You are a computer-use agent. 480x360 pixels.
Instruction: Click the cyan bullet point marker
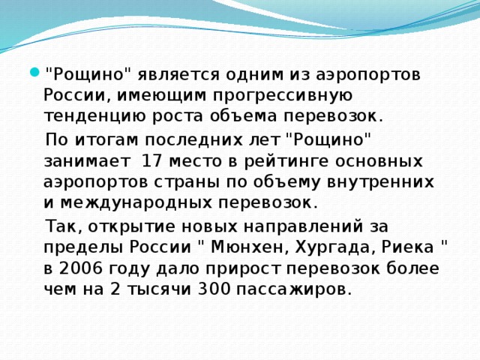35,73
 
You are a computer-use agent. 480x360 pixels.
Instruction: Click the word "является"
178,75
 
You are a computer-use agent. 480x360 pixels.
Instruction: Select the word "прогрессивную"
283,96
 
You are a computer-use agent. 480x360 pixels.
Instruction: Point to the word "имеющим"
162,95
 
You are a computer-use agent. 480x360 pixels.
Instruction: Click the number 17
152,161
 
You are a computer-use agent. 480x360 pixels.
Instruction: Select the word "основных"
379,161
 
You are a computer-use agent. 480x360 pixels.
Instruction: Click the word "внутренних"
380,182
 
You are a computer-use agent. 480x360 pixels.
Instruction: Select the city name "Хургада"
334,248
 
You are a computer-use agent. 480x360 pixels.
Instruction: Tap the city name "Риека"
407,247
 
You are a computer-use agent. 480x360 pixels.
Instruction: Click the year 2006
80,268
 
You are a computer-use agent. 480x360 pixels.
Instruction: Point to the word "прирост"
243,269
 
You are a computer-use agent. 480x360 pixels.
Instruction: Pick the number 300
214,289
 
